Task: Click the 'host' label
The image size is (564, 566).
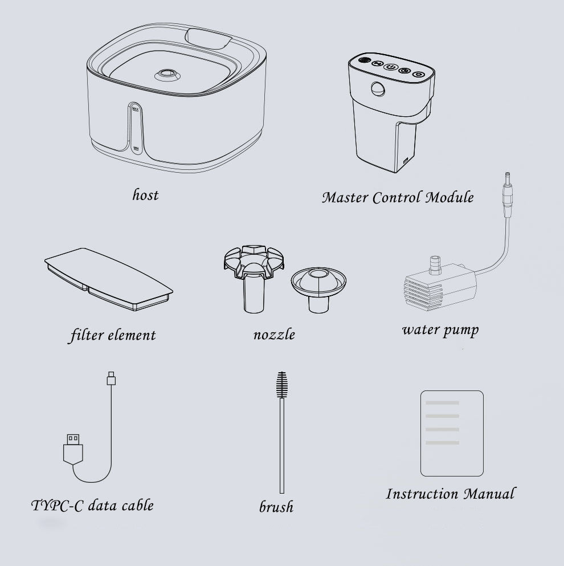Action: [x=145, y=195]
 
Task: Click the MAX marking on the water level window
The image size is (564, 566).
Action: [x=136, y=109]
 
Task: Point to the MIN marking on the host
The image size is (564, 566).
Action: [x=136, y=148]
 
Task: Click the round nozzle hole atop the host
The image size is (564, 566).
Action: [x=167, y=74]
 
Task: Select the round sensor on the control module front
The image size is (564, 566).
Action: [x=378, y=88]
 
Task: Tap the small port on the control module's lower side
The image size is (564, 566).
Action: [x=406, y=160]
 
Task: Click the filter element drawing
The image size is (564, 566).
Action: [x=109, y=279]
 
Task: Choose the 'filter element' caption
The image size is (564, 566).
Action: [x=113, y=335]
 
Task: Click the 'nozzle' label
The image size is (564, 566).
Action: [x=274, y=335]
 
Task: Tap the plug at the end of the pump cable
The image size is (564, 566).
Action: [x=508, y=194]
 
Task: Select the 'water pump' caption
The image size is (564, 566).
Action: [x=440, y=330]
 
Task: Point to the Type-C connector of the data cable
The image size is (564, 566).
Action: [x=111, y=378]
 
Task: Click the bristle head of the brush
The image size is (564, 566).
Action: [x=282, y=385]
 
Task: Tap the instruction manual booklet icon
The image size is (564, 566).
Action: [x=452, y=433]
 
